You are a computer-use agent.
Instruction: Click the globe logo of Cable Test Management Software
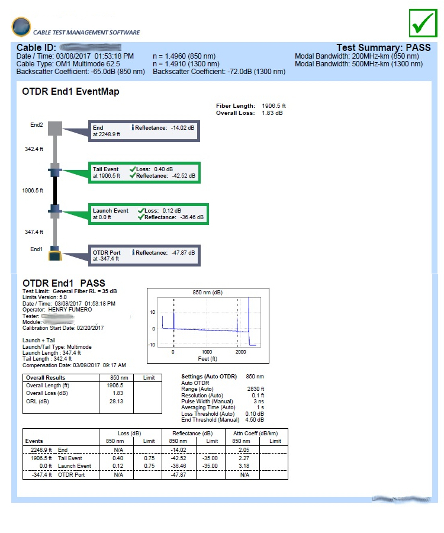coord(21,27)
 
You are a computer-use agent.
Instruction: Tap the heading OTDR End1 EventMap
coord(70,92)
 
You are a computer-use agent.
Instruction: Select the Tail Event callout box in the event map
coord(145,172)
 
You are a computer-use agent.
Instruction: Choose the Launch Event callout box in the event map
coord(149,214)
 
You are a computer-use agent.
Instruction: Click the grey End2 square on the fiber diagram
coord(54,129)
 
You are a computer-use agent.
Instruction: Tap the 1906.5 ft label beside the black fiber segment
coord(33,191)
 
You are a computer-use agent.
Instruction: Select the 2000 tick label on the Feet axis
coord(240,352)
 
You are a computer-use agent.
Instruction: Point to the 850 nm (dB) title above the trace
coord(207,293)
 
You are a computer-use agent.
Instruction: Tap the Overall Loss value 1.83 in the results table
coord(118,393)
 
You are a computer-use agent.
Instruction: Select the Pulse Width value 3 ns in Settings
coord(258,402)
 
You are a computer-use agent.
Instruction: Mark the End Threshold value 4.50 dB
coord(255,420)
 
